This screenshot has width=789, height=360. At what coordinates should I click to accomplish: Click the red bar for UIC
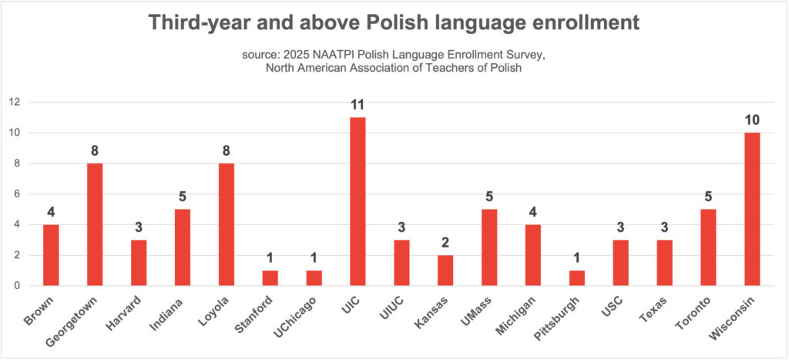358,202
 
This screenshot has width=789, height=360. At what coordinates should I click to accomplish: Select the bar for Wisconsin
752,210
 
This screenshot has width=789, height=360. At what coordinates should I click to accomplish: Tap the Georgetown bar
95,225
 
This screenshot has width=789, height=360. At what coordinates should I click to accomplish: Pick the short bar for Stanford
270,278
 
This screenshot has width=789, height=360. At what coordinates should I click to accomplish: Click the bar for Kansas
445,271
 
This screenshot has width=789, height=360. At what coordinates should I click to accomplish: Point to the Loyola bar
226,225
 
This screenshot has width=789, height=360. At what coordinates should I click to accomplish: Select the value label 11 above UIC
358,105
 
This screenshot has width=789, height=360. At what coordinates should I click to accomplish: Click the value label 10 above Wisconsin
752,120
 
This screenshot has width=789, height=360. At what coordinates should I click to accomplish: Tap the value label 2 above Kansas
445,243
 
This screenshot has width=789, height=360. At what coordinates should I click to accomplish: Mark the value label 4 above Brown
51,212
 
